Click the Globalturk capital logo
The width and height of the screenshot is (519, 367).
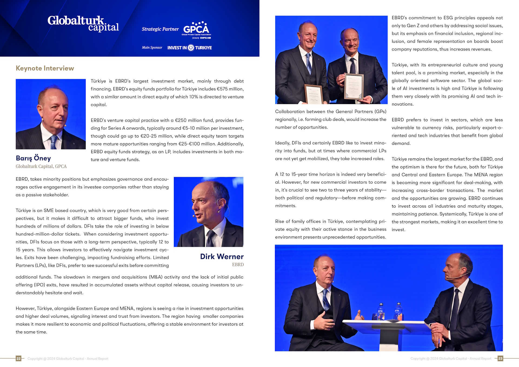click(x=83, y=24)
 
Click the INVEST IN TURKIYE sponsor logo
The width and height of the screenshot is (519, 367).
click(x=189, y=48)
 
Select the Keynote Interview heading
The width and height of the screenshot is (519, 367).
click(x=45, y=68)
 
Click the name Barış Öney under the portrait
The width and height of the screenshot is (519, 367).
click(x=33, y=158)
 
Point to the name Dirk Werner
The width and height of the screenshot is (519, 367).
click(x=222, y=256)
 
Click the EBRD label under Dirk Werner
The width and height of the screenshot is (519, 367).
click(x=238, y=265)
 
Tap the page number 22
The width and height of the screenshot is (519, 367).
click(x=18, y=358)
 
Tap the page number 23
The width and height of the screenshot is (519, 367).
click(x=500, y=358)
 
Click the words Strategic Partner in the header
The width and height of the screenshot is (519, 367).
click(x=160, y=29)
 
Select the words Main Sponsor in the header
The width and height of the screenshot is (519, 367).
click(x=152, y=48)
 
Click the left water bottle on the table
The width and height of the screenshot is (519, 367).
click(x=381, y=312)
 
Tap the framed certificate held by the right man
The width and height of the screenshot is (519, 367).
click(x=354, y=86)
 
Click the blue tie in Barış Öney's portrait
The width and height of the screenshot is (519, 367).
click(x=54, y=142)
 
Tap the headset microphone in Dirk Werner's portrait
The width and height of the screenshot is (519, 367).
click(x=194, y=216)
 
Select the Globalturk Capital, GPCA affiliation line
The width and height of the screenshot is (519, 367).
click(x=41, y=166)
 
